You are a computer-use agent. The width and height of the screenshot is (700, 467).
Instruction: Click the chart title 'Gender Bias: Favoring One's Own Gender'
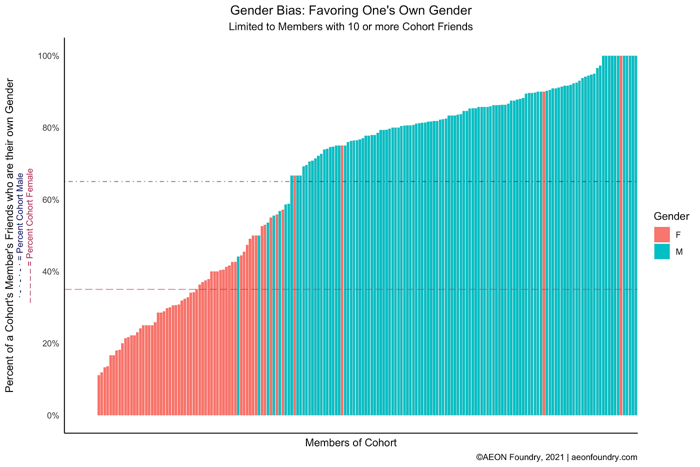coord(350,10)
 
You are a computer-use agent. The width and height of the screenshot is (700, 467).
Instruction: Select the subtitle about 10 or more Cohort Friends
coord(350,27)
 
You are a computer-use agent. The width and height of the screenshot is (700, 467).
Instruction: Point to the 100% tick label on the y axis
coord(49,56)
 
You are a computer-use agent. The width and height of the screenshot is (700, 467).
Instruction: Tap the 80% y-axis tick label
coord(50,128)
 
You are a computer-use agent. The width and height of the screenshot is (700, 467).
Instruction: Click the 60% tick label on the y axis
coord(50,200)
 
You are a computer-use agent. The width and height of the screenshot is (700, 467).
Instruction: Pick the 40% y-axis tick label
coord(50,272)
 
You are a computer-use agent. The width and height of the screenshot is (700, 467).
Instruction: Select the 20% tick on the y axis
coord(50,344)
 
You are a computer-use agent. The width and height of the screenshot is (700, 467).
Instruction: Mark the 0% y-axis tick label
coord(52,415)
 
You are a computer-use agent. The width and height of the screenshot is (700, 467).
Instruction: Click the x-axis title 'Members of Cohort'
coord(350,443)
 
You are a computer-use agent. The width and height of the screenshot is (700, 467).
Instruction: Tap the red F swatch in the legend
coord(661,235)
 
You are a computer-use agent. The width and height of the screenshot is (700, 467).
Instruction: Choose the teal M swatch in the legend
coord(661,252)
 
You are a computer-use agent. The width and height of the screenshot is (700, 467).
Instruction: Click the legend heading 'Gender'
coord(671,217)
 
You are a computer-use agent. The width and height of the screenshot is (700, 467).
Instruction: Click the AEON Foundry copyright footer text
coord(556,457)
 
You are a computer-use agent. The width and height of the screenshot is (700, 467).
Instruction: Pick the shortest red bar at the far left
coord(99,395)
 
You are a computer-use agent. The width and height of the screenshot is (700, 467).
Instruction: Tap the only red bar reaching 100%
coord(621,235)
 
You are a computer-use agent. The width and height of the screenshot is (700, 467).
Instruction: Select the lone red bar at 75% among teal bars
coord(342,280)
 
